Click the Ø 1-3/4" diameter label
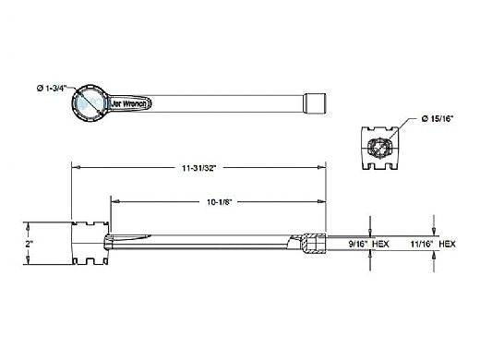[x=52, y=89]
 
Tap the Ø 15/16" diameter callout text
[x=438, y=119]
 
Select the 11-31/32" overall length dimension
[x=199, y=168]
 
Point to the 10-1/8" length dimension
[x=219, y=202]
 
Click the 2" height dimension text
[x=30, y=244]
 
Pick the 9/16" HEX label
[x=368, y=244]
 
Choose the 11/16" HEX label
[x=433, y=244]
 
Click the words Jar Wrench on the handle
[x=128, y=103]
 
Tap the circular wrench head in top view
[x=90, y=103]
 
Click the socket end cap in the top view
[x=314, y=103]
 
